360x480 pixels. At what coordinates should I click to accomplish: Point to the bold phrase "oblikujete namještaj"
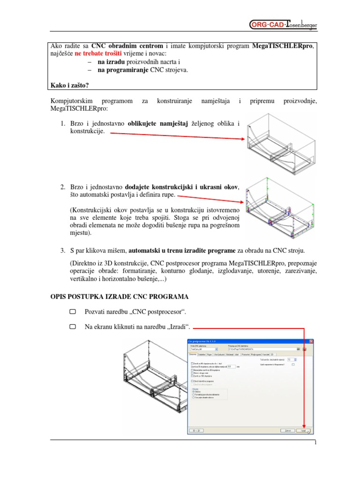[157, 124]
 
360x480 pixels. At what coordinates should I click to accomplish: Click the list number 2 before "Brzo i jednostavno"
[62, 187]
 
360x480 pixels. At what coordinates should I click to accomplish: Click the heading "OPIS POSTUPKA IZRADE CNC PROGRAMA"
[120, 296]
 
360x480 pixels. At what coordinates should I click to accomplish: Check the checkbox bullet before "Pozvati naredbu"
[72, 312]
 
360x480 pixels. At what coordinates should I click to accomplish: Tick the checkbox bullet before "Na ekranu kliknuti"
[72, 328]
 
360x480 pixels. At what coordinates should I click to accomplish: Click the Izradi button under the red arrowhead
[304, 430]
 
